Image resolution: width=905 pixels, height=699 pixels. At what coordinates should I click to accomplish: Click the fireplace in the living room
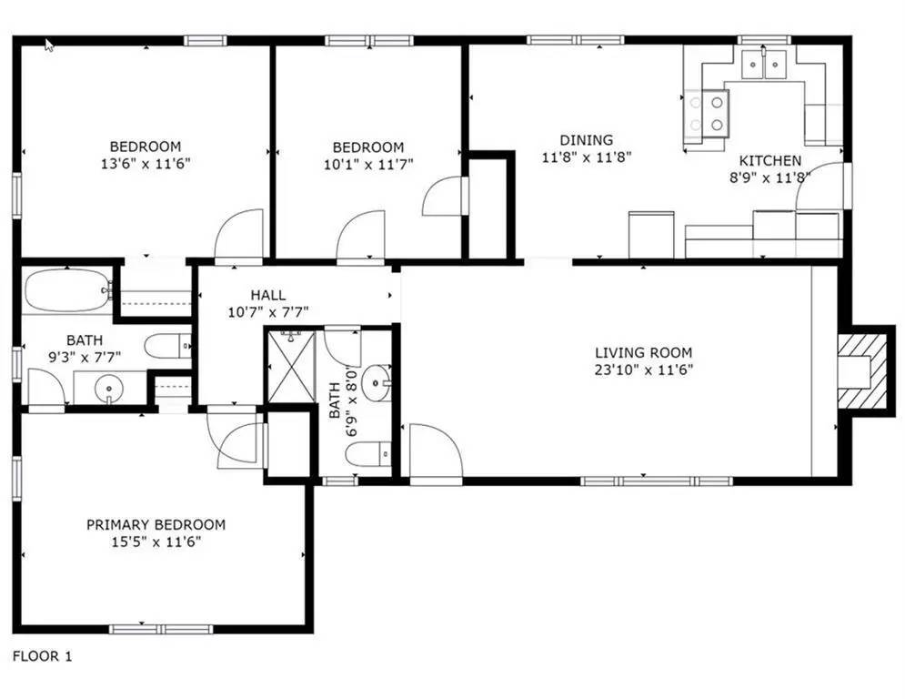click(x=860, y=371)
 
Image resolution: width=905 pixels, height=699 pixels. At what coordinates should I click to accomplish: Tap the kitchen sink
click(x=763, y=66)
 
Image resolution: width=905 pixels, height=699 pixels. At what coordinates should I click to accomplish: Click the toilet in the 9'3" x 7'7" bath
click(x=169, y=346)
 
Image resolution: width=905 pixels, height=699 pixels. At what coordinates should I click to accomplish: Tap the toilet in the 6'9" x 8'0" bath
click(x=372, y=451)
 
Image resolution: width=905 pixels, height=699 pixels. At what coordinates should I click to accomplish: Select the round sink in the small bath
click(x=376, y=383)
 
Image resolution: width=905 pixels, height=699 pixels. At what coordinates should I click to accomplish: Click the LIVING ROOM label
click(x=643, y=352)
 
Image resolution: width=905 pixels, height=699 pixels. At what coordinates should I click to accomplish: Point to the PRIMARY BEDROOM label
click(x=156, y=524)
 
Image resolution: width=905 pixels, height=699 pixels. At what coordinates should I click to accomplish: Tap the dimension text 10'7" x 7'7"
click(x=268, y=311)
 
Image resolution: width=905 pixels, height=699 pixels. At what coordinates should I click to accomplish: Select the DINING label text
click(x=586, y=140)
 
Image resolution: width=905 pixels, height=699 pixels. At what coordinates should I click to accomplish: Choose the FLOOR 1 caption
click(x=41, y=655)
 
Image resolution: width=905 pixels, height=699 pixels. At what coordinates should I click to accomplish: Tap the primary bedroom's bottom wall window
click(x=161, y=628)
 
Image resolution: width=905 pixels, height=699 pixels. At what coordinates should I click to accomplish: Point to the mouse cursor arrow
click(x=49, y=45)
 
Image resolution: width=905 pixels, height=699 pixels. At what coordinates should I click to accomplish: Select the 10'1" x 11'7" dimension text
click(x=367, y=165)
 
